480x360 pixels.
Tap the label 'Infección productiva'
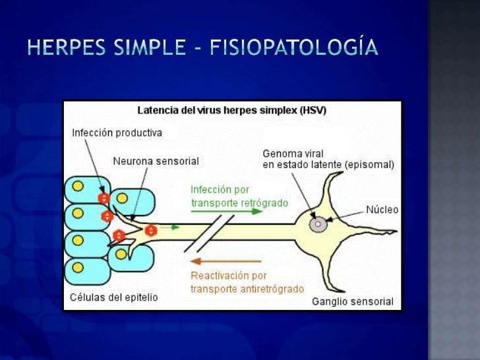[x=117, y=133]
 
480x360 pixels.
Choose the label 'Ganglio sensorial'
[x=352, y=302]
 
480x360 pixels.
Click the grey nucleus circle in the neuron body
[x=318, y=225]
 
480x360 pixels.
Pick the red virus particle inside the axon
[x=150, y=230]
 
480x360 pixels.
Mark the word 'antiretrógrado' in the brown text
[x=273, y=289]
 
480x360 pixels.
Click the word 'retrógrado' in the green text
[x=264, y=203]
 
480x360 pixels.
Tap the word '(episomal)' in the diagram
[x=370, y=165]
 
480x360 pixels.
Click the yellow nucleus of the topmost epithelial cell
[x=78, y=186]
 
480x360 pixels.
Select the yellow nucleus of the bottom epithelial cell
[x=78, y=267]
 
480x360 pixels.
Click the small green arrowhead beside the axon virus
[x=175, y=227]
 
